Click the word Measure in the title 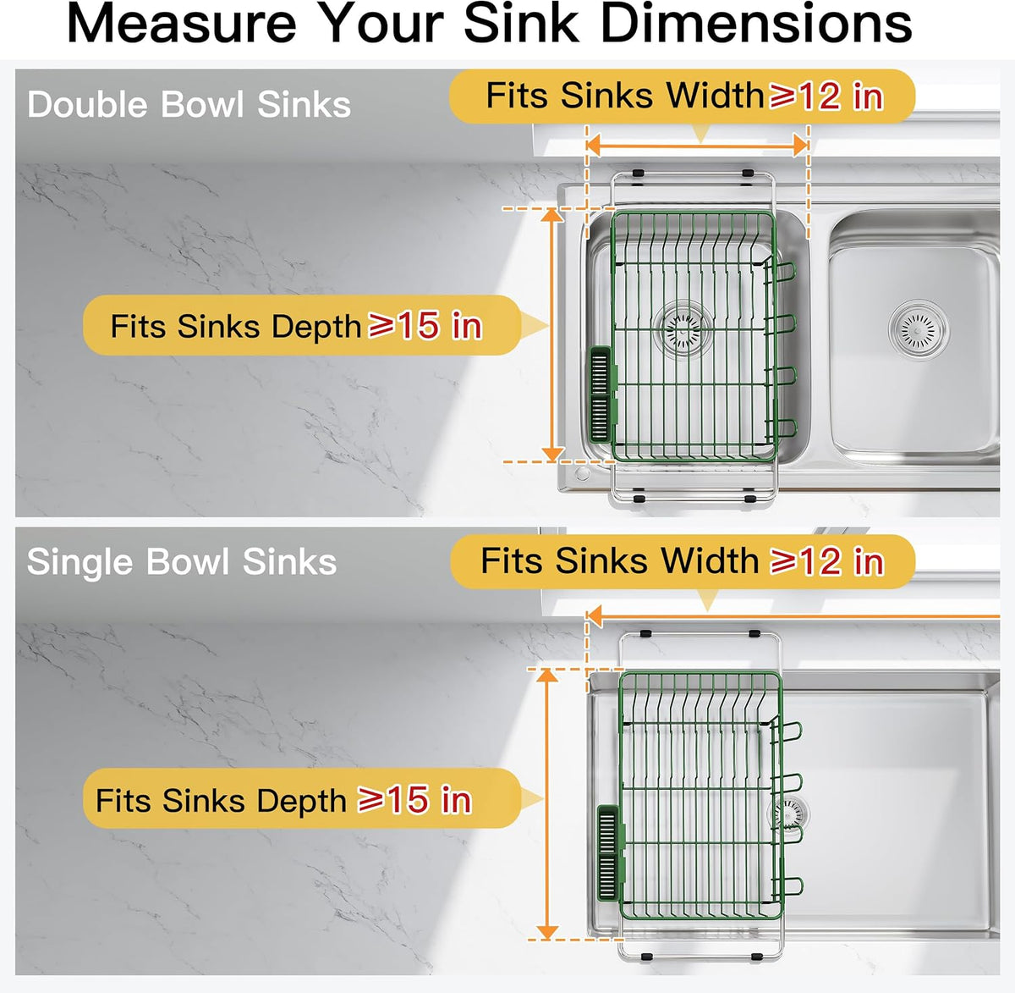182,24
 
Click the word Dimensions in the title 756,24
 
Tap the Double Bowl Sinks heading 189,104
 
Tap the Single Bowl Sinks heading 182,562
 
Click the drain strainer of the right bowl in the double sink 919,330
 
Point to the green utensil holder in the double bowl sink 602,394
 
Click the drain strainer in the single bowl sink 788,814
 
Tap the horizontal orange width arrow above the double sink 697,146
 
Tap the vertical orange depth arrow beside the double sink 551,334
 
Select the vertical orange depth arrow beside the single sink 547,804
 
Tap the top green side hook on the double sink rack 783,272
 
